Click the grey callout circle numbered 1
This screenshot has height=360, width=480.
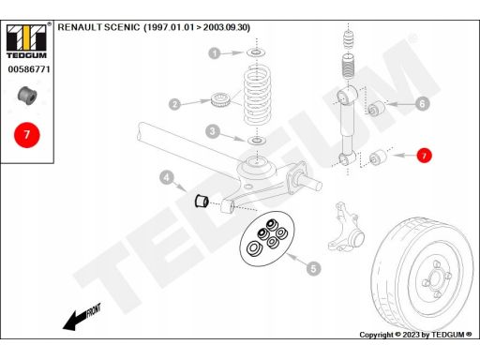[215, 53]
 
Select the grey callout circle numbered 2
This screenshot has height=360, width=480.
[174, 104]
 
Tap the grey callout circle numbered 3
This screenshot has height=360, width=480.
[213, 131]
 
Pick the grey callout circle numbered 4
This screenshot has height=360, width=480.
[167, 177]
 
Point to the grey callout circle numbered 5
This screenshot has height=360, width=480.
[313, 268]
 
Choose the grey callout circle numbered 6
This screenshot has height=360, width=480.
[422, 103]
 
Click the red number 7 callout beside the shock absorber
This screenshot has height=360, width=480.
[424, 156]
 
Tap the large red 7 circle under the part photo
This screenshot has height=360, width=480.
[27, 135]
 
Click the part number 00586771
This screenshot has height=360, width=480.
[29, 69]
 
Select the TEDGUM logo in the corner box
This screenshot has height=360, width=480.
[26, 41]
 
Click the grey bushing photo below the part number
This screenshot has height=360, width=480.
[27, 96]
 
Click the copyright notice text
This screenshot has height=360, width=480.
[415, 335]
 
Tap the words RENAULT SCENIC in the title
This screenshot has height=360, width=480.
[98, 27]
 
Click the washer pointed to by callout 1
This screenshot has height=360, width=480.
[257, 52]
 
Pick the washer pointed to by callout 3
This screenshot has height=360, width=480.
[257, 141]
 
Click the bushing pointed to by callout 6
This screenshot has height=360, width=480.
[376, 108]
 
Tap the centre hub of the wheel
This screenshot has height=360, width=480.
[435, 278]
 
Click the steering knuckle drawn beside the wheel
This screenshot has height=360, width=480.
[346, 228]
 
